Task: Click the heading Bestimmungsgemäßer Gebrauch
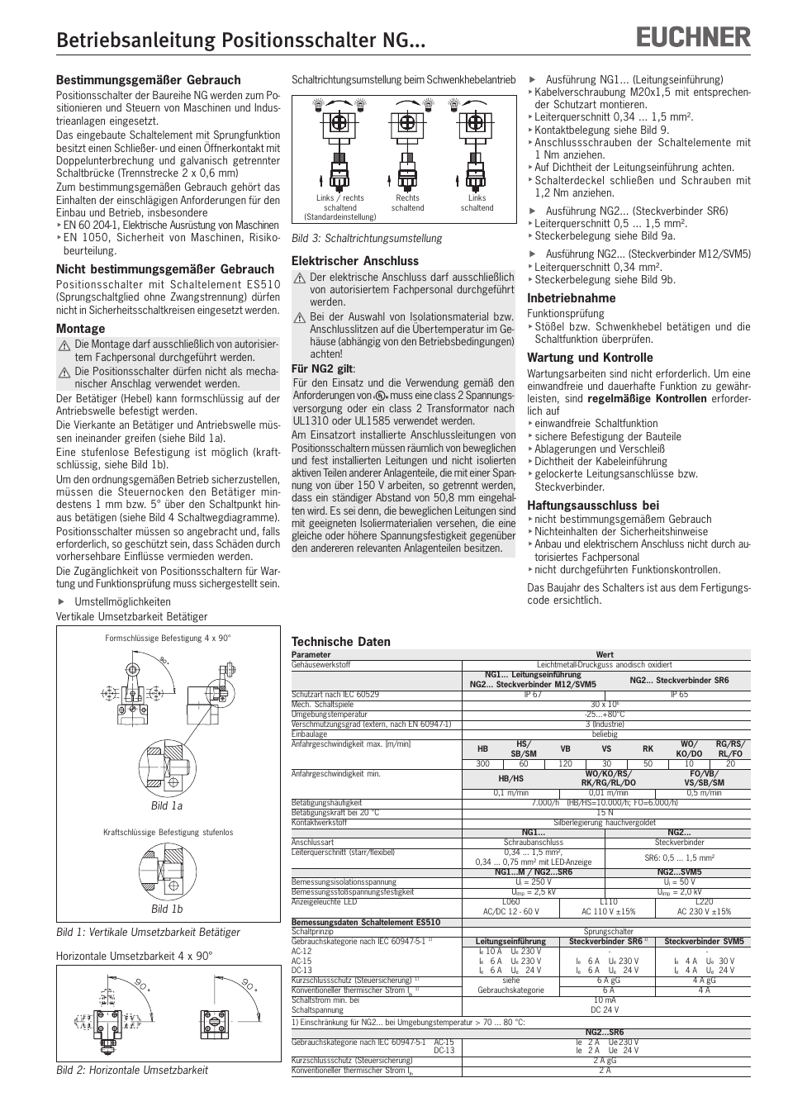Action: pyautogui.click(x=149, y=80)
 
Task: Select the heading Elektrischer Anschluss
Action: pyautogui.click(x=355, y=261)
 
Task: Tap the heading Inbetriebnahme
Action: pyautogui.click(x=572, y=298)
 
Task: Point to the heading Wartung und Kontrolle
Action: pyautogui.click(x=590, y=358)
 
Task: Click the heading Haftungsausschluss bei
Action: pyautogui.click(x=593, y=506)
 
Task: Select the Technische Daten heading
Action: pyautogui.click(x=341, y=642)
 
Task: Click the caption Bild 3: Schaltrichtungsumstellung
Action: pyautogui.click(x=367, y=239)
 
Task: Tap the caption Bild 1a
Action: pyautogui.click(x=167, y=805)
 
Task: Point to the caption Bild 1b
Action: pyautogui.click(x=167, y=909)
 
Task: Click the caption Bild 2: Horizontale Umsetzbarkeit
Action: pyautogui.click(x=132, y=1070)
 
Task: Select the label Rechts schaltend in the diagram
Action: pyautogui.click(x=408, y=203)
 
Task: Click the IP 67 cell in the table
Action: pyautogui.click(x=533, y=695)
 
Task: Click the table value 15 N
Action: pyautogui.click(x=605, y=813)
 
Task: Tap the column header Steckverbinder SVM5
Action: pyautogui.click(x=704, y=942)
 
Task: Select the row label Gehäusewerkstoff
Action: pyautogui.click(x=321, y=665)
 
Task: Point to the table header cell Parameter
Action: pyautogui.click(x=311, y=655)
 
